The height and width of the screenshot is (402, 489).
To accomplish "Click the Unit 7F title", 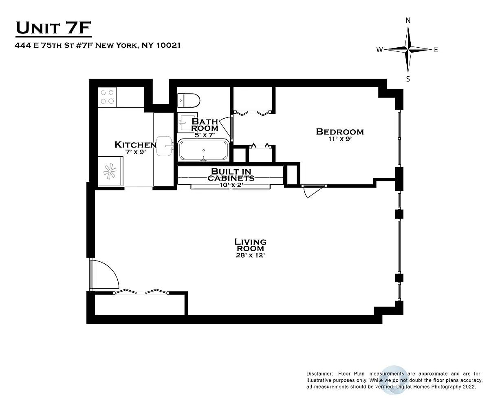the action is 53,28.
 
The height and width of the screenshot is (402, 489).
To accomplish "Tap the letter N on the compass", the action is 408,20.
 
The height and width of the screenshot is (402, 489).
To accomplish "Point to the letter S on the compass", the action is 408,79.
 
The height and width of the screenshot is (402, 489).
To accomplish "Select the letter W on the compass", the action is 379,50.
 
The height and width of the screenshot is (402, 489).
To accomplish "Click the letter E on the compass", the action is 436,50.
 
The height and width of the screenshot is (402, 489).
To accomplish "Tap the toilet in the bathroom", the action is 189,100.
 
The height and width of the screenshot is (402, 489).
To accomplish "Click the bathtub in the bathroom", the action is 204,150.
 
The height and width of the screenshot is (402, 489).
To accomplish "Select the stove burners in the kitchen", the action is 107,97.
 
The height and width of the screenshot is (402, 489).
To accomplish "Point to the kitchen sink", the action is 164,146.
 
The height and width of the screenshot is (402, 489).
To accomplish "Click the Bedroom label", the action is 340,132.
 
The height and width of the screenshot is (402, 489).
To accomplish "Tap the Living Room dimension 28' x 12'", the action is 251,255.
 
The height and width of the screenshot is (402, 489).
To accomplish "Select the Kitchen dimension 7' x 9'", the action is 136,152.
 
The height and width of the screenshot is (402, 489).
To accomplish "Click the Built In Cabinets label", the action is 231,174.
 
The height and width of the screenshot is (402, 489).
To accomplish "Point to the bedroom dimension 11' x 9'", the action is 340,139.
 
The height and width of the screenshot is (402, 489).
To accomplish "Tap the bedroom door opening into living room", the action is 314,192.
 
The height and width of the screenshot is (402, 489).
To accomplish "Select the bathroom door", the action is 226,127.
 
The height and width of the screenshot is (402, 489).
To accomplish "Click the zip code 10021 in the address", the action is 169,45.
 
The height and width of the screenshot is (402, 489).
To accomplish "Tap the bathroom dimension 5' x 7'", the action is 205,135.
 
